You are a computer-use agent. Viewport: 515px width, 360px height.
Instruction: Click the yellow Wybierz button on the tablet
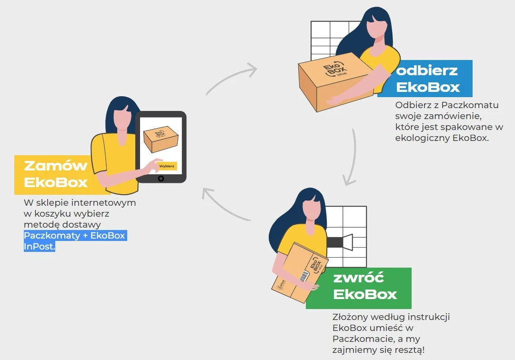pos(167,166)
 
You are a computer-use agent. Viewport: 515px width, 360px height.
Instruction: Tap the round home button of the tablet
pos(161,179)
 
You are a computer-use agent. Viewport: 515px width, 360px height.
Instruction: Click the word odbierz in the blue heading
pos(427,70)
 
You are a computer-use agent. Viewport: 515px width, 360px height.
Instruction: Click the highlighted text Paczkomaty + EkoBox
pos(75,236)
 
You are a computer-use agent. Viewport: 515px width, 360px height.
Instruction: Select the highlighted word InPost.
pos(39,247)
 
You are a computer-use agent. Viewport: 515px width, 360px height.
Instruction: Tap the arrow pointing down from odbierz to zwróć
pos(353,158)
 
